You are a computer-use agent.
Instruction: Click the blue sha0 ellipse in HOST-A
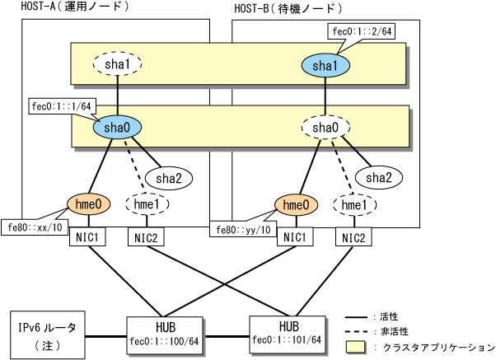[117, 127]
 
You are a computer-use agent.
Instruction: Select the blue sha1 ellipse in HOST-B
[325, 65]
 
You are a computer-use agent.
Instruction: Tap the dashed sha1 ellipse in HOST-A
[117, 64]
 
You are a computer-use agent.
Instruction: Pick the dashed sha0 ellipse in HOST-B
[325, 128]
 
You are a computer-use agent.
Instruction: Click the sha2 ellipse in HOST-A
[169, 178]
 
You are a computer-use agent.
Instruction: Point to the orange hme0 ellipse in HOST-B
[296, 205]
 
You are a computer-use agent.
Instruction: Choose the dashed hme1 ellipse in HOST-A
[147, 204]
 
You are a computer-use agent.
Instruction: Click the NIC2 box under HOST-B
[353, 237]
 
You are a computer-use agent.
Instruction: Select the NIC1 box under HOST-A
[87, 236]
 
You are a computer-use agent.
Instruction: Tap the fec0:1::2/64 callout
[362, 31]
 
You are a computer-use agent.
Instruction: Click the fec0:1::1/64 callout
[62, 106]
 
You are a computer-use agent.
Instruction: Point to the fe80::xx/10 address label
[35, 227]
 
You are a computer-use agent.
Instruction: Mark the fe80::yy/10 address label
[243, 229]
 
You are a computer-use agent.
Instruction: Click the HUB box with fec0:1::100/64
[165, 335]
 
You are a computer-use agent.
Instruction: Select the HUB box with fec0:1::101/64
[288, 334]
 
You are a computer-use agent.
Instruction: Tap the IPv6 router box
[48, 334]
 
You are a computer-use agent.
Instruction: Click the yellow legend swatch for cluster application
[355, 347]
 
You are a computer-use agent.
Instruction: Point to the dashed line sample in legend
[356, 332]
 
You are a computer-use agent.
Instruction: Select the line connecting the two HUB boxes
[226, 336]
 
